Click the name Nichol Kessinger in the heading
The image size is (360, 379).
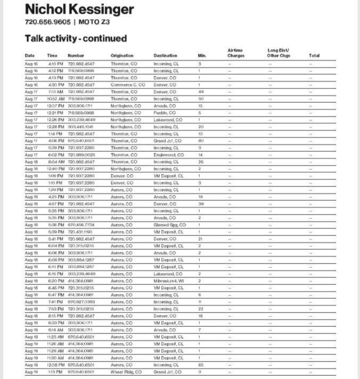pyautogui.click(x=79, y=9)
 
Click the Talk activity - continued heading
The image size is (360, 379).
pyautogui.click(x=76, y=38)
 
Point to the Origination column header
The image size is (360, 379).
pyautogui.click(x=122, y=55)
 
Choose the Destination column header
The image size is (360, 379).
pyautogui.click(x=165, y=55)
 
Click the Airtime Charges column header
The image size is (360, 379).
pyautogui.click(x=235, y=53)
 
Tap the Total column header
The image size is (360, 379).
pyautogui.click(x=314, y=55)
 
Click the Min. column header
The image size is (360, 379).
pyautogui.click(x=201, y=55)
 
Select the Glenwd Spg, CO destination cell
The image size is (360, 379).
pyautogui.click(x=170, y=225)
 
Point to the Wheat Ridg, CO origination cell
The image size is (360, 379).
pyautogui.click(x=126, y=372)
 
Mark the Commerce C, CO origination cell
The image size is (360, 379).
pyautogui.click(x=128, y=85)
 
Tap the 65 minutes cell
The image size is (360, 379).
pyautogui.click(x=201, y=365)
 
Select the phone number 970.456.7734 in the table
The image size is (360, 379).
pyautogui.click(x=81, y=225)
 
